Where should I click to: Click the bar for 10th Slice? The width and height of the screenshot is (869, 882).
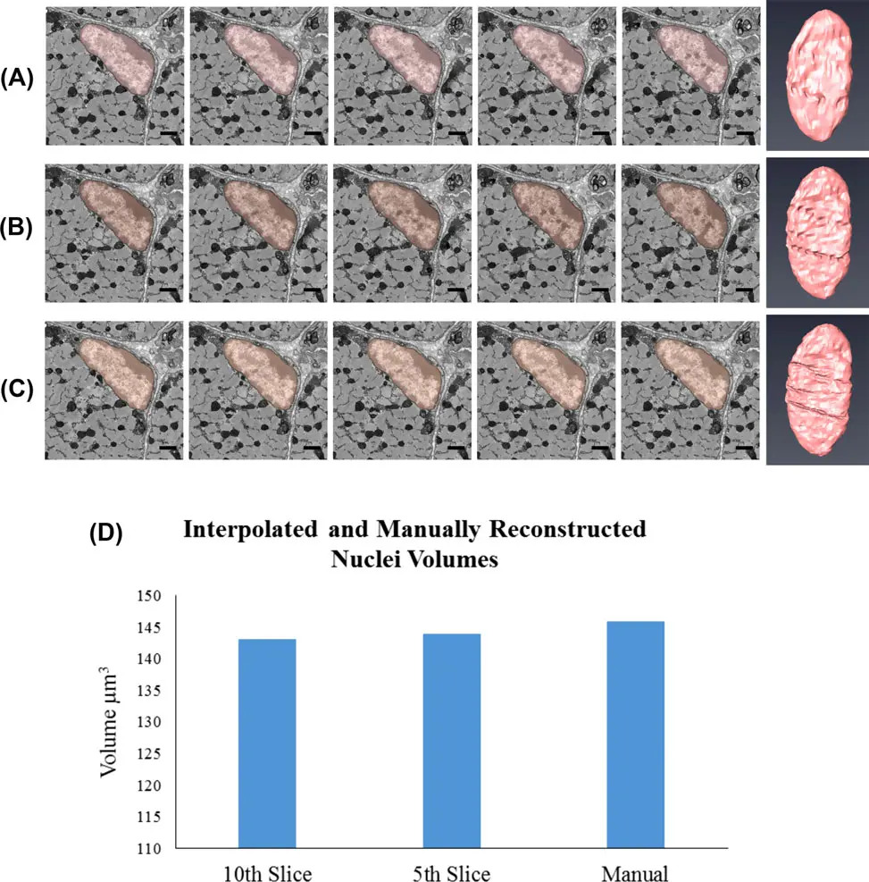click(x=267, y=743)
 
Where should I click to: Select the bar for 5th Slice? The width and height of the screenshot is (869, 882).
click(x=451, y=740)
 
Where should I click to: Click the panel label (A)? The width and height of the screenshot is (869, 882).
click(x=17, y=78)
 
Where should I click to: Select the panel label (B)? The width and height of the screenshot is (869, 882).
click(x=17, y=229)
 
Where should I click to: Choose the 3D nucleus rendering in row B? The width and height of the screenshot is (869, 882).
click(x=816, y=231)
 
